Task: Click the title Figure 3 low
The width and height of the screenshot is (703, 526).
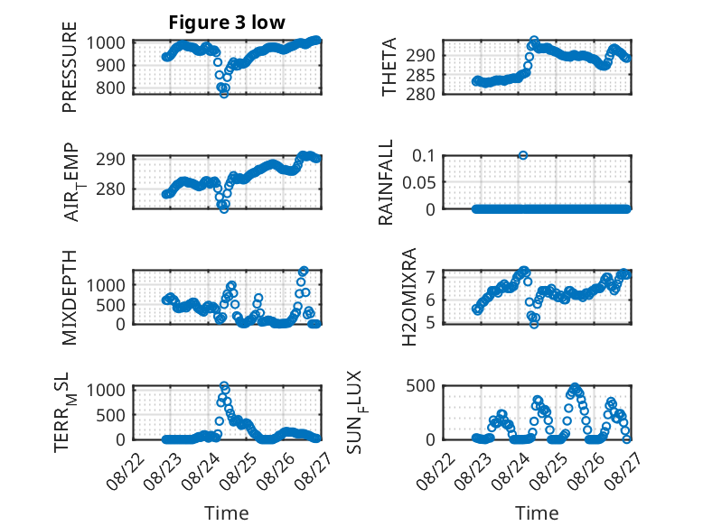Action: click(227, 23)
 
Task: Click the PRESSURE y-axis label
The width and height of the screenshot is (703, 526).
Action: click(70, 67)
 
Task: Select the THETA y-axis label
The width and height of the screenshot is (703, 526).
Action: click(389, 67)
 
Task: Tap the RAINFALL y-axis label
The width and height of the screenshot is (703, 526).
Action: click(386, 181)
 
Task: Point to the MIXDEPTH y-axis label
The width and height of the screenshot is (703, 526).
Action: click(70, 297)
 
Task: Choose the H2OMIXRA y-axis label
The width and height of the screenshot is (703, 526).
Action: click(409, 297)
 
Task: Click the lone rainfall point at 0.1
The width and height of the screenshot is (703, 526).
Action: click(523, 155)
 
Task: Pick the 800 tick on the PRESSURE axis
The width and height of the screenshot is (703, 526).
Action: click(111, 88)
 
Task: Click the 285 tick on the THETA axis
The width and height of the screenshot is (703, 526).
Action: click(420, 75)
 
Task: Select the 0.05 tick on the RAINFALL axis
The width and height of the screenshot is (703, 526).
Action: click(418, 182)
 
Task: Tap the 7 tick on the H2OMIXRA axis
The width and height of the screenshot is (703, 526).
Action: click(430, 277)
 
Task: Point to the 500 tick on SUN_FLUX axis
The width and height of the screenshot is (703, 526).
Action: click(420, 385)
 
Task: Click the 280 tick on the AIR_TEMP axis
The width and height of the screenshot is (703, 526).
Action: click(111, 189)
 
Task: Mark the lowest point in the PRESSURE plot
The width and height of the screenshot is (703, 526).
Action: click(224, 94)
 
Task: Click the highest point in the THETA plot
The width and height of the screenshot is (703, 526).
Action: click(534, 41)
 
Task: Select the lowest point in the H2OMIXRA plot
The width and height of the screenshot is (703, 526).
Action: click(534, 324)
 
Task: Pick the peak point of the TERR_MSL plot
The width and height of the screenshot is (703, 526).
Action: click(224, 385)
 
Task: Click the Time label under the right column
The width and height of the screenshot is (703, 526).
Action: click(537, 512)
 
